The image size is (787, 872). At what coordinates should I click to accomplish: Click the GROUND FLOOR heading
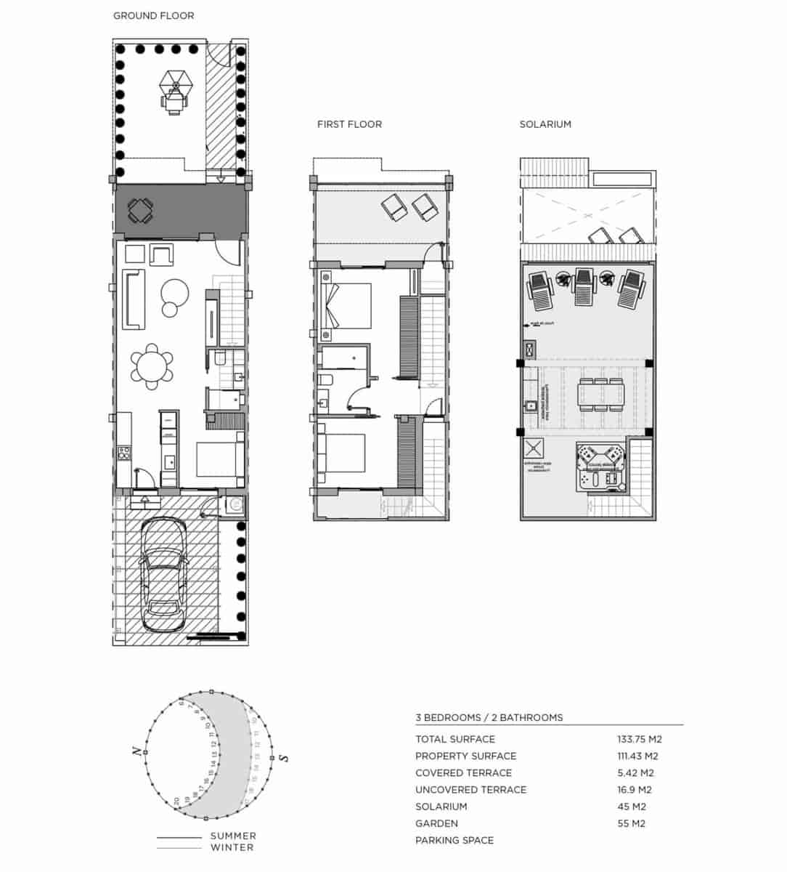pyautogui.click(x=153, y=15)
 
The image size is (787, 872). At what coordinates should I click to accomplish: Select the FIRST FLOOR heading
pyautogui.click(x=349, y=124)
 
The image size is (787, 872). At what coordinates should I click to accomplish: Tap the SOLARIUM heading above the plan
pyautogui.click(x=545, y=124)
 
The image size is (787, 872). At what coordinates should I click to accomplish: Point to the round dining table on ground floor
pyautogui.click(x=152, y=366)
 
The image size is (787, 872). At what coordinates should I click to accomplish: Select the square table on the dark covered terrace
pyautogui.click(x=141, y=211)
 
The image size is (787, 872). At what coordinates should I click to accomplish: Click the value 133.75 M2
pyautogui.click(x=640, y=739)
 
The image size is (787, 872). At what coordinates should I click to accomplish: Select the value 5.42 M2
pyautogui.click(x=636, y=772)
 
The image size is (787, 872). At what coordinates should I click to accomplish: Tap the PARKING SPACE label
pyautogui.click(x=454, y=840)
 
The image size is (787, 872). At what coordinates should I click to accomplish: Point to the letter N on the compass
pyautogui.click(x=136, y=752)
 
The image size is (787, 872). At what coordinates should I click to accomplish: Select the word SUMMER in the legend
pyautogui.click(x=233, y=836)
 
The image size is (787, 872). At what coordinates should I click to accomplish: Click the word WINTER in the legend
pyautogui.click(x=232, y=847)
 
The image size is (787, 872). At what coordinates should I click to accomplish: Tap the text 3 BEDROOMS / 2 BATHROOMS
pyautogui.click(x=489, y=717)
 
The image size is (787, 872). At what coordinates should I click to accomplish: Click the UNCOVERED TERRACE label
pyautogui.click(x=470, y=789)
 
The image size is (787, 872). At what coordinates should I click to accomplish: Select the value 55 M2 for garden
pyautogui.click(x=632, y=823)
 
